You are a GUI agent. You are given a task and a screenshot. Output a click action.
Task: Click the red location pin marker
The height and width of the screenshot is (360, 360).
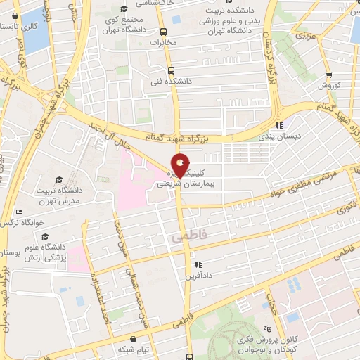tap(181, 164)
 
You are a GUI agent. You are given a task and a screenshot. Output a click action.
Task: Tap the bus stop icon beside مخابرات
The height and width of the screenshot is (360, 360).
tap(164, 32)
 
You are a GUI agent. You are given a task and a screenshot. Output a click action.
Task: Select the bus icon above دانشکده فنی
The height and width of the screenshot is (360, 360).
tap(171, 70)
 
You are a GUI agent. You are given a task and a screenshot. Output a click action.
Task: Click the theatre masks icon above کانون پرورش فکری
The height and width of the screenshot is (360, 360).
tap(266, 328)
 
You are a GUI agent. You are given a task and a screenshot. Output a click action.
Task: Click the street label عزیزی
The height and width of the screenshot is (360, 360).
tap(303, 34)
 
